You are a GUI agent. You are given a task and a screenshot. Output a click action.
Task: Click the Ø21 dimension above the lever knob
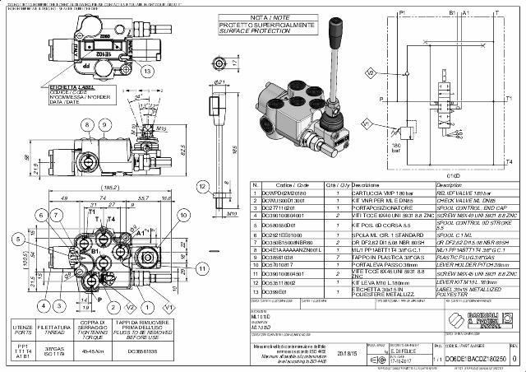coord(220,82)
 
